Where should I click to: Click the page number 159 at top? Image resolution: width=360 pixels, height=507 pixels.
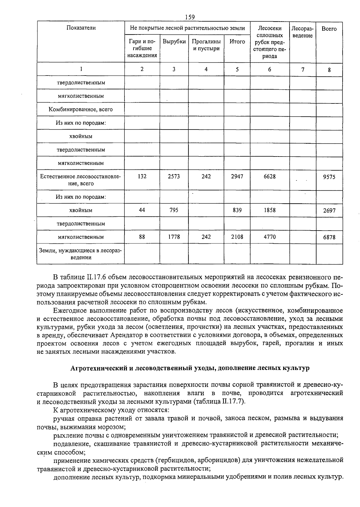[190, 17]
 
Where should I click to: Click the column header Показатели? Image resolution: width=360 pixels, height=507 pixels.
[81, 28]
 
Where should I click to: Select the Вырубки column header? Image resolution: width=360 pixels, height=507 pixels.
[174, 42]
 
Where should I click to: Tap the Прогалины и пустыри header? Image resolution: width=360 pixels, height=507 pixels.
[206, 45]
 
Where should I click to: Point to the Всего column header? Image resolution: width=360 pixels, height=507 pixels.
[329, 29]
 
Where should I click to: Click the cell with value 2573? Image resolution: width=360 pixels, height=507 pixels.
[174, 177]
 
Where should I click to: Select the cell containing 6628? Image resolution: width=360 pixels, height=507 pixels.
[269, 177]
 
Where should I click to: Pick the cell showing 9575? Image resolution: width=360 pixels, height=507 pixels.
[329, 177]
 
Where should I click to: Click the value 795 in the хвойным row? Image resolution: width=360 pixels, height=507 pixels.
[174, 210]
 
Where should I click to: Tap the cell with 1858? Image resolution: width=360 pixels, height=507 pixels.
[269, 210]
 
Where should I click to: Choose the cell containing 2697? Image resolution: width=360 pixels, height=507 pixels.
[329, 211]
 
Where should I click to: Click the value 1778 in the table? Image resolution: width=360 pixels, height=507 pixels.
[174, 237]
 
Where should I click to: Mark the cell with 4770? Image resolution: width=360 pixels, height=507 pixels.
[269, 237]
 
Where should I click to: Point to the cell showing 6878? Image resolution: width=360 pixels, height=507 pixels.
[329, 237]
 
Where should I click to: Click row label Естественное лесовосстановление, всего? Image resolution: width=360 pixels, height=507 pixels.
[80, 180]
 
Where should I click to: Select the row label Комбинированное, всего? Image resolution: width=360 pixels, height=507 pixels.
[81, 109]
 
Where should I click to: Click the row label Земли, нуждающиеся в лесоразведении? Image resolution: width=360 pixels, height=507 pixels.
[80, 254]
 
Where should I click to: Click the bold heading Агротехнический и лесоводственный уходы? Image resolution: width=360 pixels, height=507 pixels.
[190, 368]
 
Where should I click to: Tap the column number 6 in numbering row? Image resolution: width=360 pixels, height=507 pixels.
[269, 69]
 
